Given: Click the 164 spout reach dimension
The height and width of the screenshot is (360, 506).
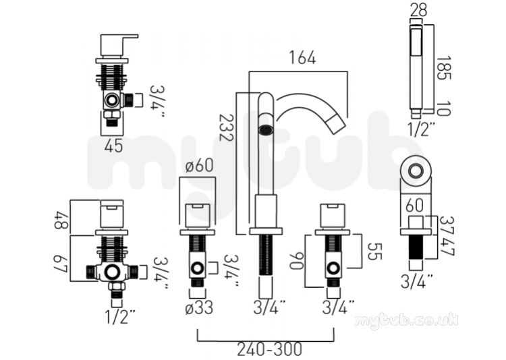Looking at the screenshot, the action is point(302,58).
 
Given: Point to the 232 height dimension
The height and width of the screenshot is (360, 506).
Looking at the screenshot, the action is point(226,127).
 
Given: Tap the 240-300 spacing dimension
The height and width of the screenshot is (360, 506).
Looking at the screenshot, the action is point(270,349).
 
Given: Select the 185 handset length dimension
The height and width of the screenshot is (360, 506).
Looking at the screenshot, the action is point(443,68).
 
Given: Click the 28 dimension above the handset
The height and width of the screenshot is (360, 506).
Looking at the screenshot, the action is point(418,10).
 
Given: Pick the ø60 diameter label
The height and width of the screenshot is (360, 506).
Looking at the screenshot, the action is point(199,165).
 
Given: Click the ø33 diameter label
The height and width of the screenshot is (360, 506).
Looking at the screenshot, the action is point(199,307).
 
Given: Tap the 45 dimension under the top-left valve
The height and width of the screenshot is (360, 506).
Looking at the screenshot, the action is point(113,146).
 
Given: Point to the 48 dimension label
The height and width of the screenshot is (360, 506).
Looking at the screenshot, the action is point(61,220).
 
